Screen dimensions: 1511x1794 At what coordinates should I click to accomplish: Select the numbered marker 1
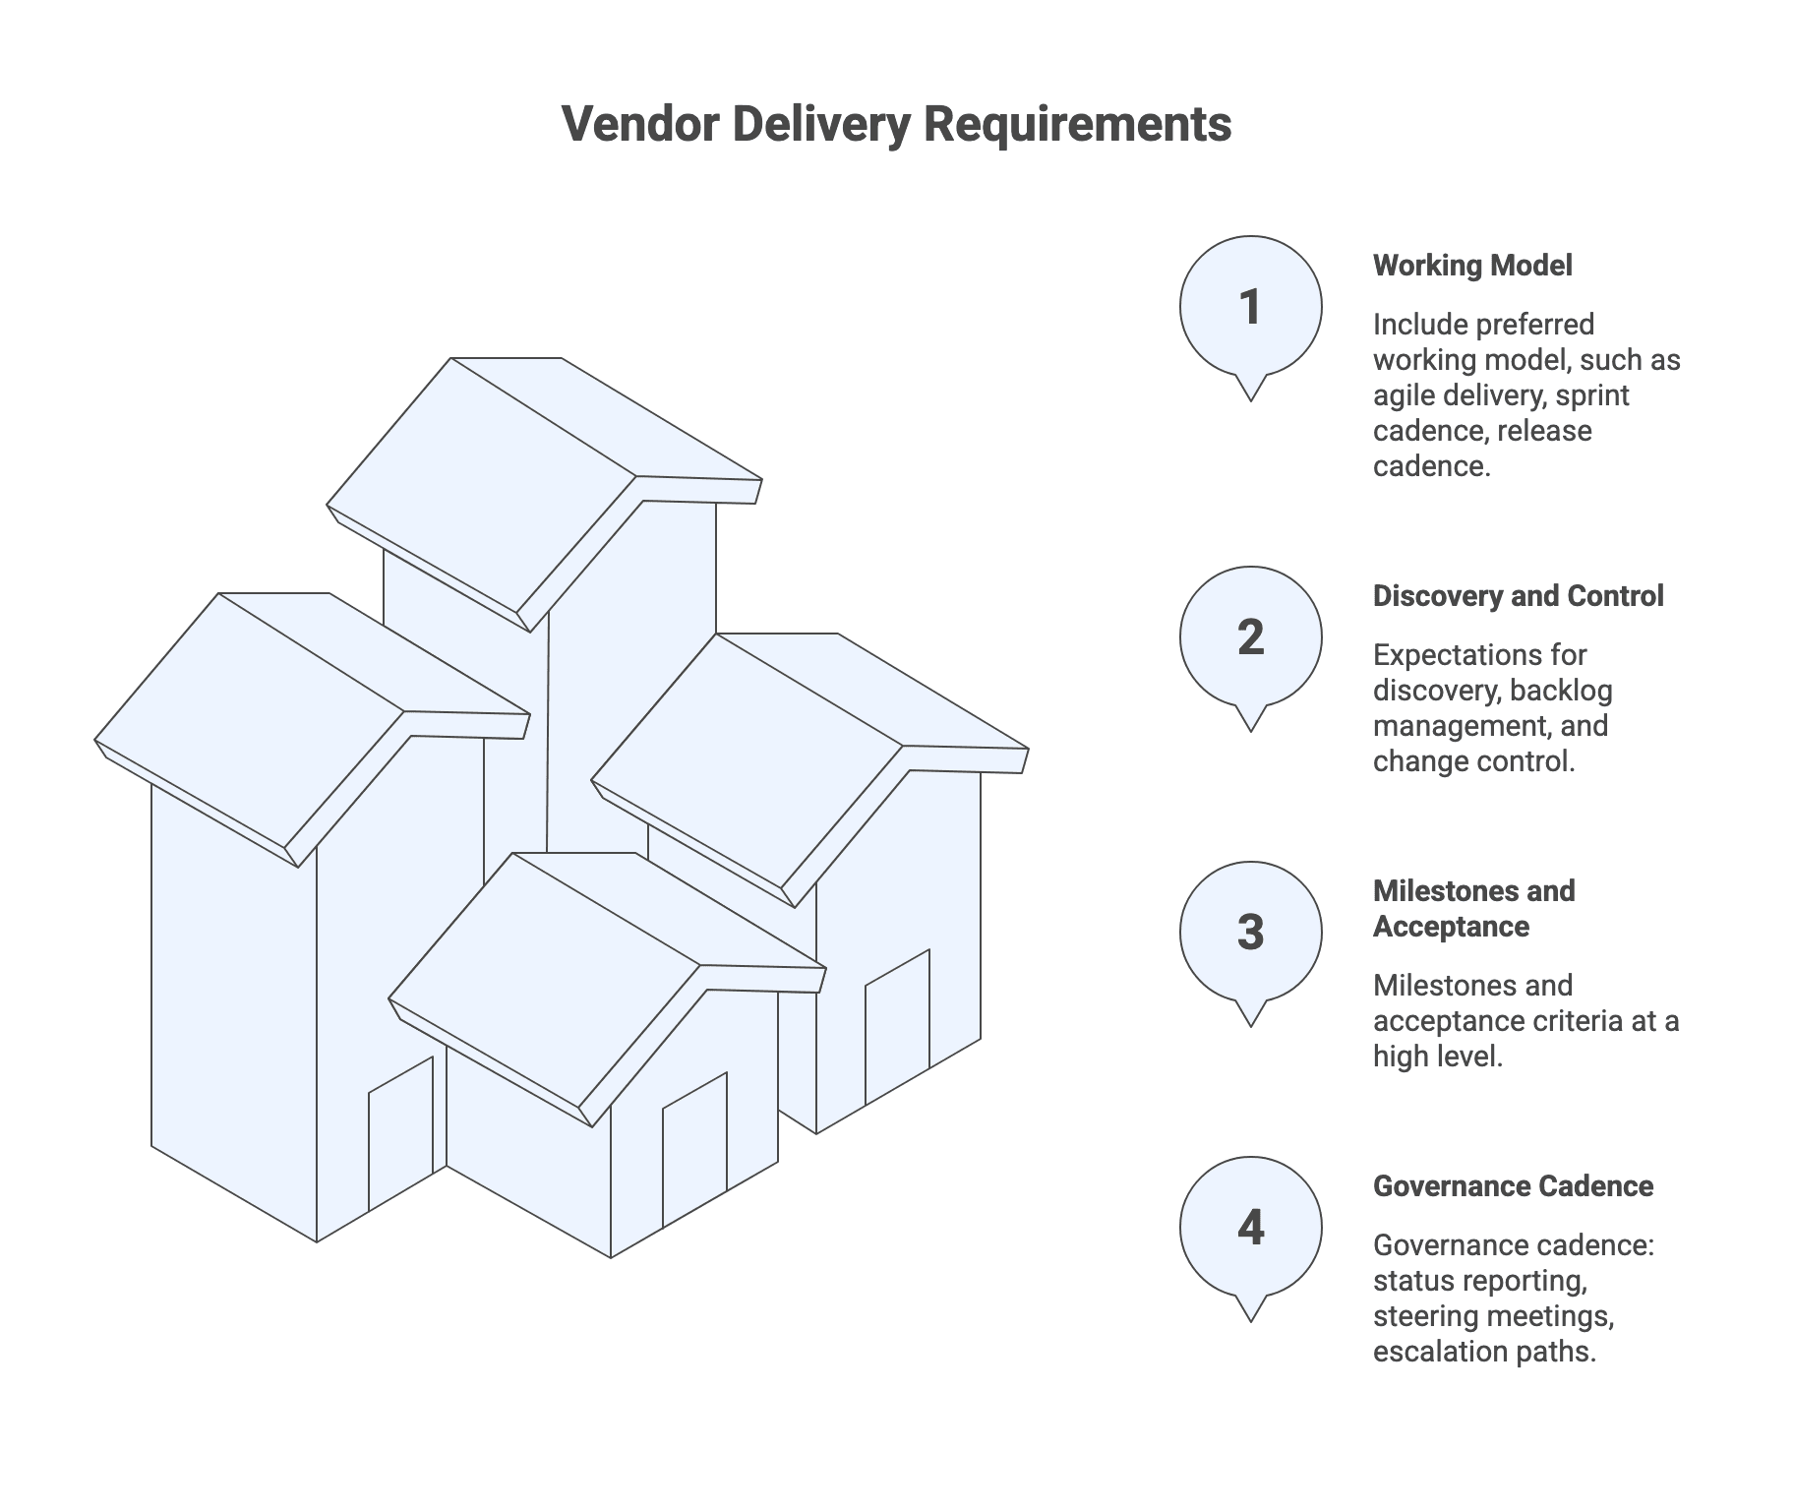1250,307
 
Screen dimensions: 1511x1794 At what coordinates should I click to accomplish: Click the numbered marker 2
1250,637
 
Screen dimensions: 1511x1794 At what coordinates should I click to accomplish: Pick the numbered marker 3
1250,933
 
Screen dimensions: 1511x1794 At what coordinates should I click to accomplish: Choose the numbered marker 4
1250,1228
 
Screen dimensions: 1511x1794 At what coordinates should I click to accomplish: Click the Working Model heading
1472,266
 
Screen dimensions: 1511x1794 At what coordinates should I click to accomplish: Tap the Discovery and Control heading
1518,596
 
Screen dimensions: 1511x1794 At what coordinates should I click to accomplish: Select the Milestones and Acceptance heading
1473,908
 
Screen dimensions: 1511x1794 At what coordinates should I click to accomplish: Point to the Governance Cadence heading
1513,1186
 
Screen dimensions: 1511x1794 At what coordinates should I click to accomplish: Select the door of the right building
897,1027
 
